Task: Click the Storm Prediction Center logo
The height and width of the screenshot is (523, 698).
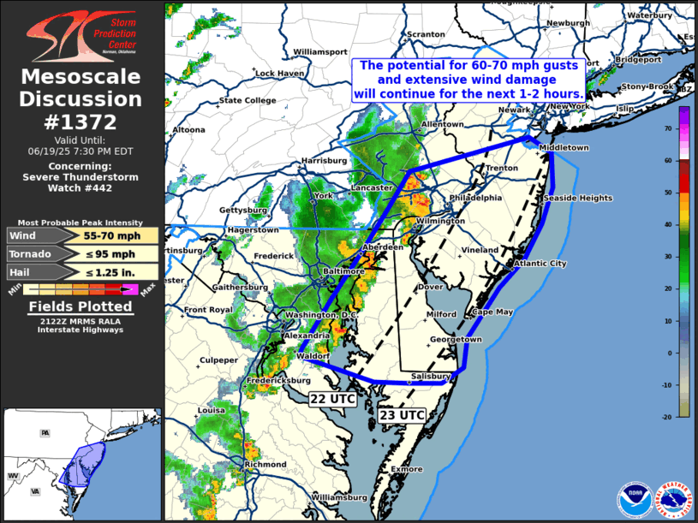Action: click(x=81, y=35)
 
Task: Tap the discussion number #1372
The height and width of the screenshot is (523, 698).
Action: click(x=81, y=122)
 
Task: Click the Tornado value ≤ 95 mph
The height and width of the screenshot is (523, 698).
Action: click(x=113, y=253)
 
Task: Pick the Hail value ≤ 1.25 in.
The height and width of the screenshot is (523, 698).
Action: click(x=114, y=272)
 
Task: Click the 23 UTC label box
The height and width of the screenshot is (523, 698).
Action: click(x=402, y=414)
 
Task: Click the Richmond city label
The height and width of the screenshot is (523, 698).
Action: click(x=265, y=464)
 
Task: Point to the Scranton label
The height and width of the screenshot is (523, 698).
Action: click(x=426, y=34)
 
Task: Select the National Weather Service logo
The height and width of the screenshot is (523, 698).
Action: click(x=673, y=499)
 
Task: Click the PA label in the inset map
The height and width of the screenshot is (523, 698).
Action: click(x=45, y=433)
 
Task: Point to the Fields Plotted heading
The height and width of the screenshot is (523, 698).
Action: click(x=81, y=306)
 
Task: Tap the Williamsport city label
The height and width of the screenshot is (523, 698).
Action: click(x=319, y=51)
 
